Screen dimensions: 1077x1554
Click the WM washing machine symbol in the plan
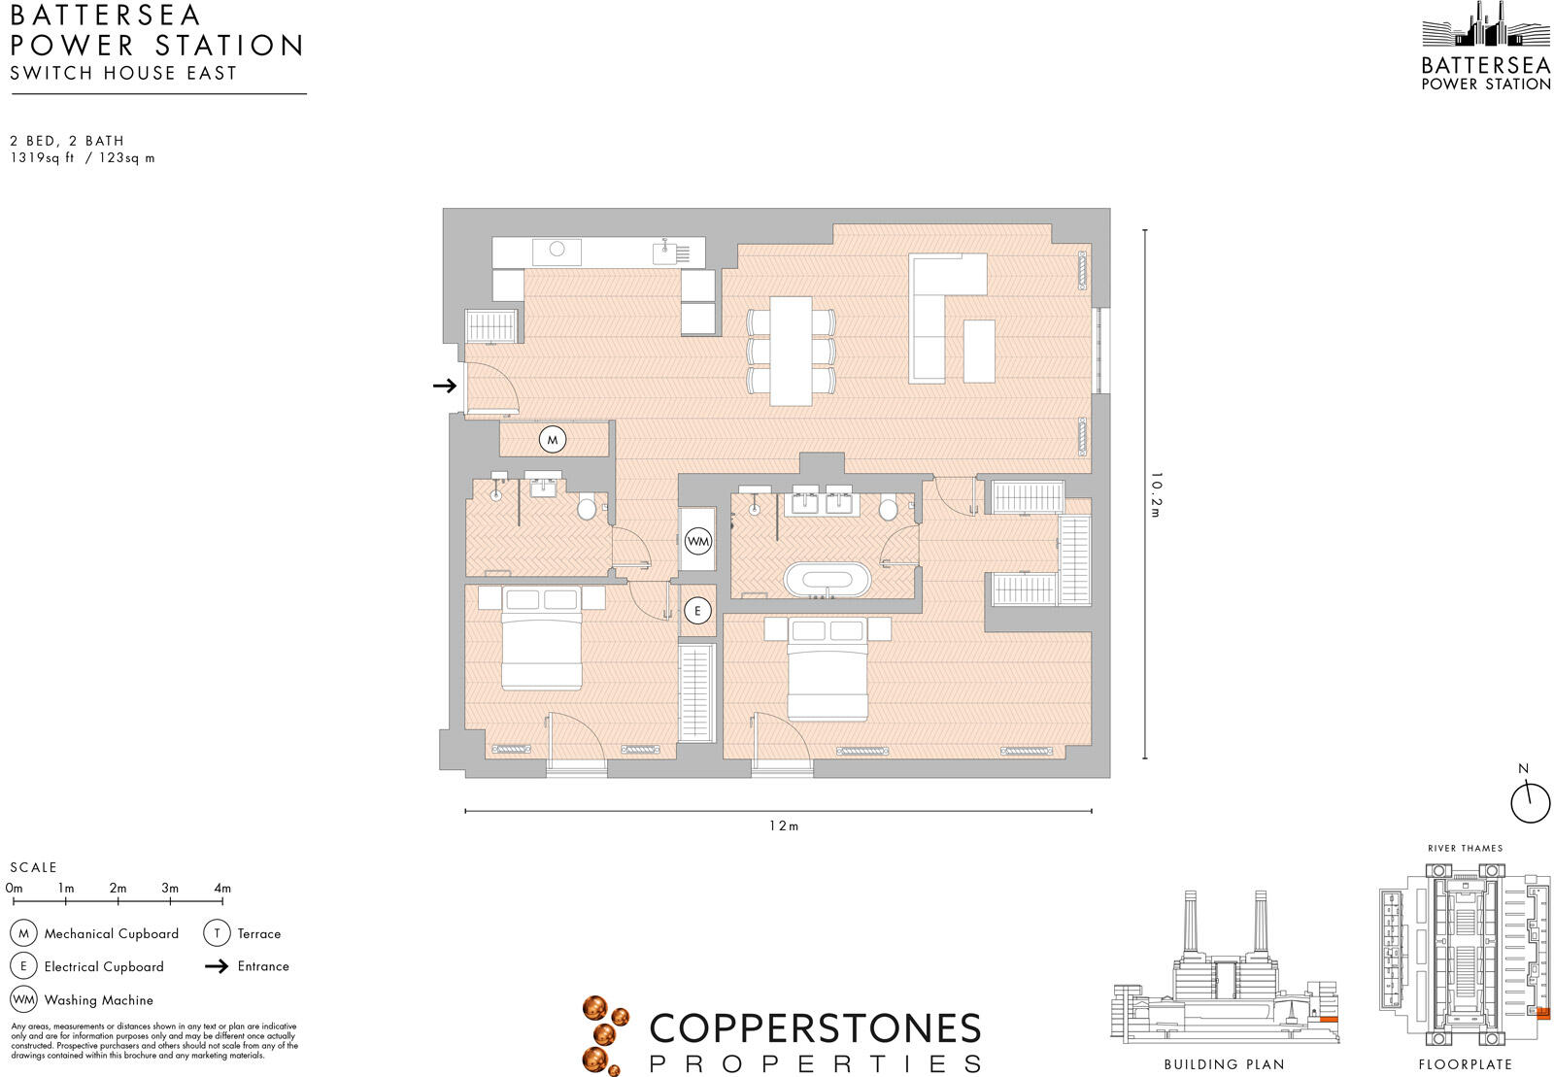click(x=697, y=541)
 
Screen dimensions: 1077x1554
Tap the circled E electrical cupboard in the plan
click(x=696, y=611)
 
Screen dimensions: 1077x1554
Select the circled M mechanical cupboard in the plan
click(x=552, y=440)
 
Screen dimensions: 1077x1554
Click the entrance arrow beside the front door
click(x=445, y=386)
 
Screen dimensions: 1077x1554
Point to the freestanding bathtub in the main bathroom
click(x=828, y=580)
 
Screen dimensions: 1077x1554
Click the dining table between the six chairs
click(x=791, y=351)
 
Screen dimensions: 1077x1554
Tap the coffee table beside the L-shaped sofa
click(x=979, y=351)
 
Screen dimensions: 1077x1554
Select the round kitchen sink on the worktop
click(x=557, y=250)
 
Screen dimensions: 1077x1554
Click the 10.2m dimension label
click(x=1156, y=494)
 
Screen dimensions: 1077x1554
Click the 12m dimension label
click(x=783, y=826)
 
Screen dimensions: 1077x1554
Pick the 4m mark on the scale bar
click(x=222, y=888)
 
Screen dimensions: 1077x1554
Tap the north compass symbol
click(x=1530, y=800)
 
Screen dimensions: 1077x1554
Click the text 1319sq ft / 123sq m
click(x=83, y=157)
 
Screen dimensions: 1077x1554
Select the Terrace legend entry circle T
click(x=217, y=933)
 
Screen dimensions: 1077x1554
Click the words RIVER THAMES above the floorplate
click(x=1465, y=848)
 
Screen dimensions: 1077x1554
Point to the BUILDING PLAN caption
click(x=1224, y=1064)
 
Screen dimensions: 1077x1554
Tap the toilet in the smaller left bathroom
click(x=587, y=508)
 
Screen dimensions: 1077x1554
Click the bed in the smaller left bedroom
click(x=541, y=646)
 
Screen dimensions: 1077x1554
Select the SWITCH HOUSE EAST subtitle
click(x=123, y=73)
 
